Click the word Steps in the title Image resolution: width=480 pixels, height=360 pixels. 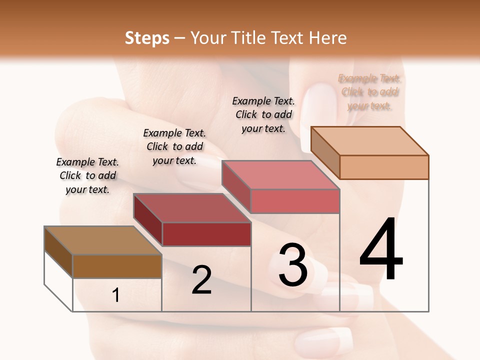[147, 38]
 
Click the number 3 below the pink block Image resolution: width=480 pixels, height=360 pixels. [293, 265]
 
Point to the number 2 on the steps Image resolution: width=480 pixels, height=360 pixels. [201, 280]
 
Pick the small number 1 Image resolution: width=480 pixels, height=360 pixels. [116, 295]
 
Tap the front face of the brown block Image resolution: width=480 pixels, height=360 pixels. [117, 266]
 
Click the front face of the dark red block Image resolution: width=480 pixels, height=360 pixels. [206, 234]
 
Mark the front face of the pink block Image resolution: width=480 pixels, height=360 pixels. [295, 201]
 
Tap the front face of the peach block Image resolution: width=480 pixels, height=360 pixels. [384, 167]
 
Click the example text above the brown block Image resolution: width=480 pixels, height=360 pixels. [87, 176]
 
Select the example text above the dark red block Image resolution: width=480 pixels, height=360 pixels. [174, 146]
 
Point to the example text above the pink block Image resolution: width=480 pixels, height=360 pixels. [263, 114]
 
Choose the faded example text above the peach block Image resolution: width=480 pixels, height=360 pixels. [369, 92]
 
